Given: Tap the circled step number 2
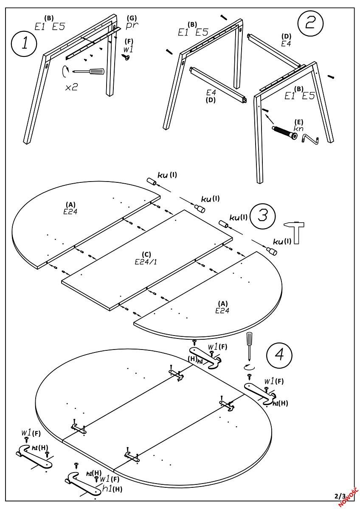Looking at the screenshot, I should (310, 23).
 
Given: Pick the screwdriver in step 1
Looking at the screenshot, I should (89, 71).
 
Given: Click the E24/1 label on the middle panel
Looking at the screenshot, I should (143, 261).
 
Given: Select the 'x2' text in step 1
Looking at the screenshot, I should (71, 87).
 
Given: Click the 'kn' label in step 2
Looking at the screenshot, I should (299, 128).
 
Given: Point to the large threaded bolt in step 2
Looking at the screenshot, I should (285, 131).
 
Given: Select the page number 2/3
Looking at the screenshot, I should (340, 495).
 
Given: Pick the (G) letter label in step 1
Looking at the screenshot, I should (132, 18).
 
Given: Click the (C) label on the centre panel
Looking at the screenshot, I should (143, 255).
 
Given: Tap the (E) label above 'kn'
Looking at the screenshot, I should (299, 121).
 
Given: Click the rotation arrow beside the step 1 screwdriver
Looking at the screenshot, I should (65, 71).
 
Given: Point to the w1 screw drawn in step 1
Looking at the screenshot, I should (127, 57).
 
